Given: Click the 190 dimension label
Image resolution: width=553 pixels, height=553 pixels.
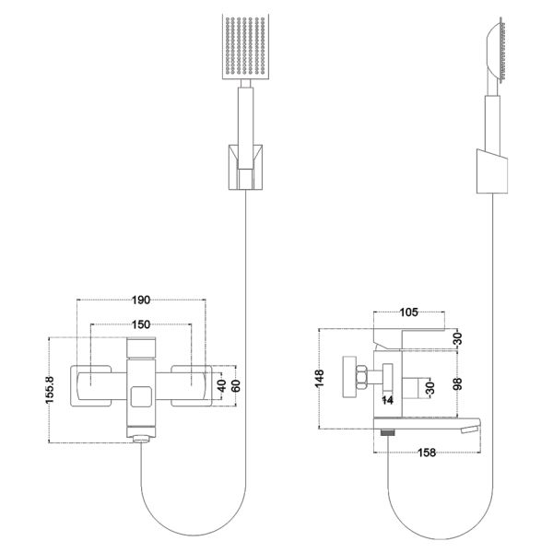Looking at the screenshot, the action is pyautogui.click(x=141, y=300).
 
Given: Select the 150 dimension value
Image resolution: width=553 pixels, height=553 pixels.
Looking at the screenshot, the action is pyautogui.click(x=141, y=324).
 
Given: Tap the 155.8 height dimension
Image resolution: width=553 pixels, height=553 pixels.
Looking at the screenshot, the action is pyautogui.click(x=50, y=390).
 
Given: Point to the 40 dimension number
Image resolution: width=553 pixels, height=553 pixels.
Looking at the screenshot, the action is pyautogui.click(x=222, y=386).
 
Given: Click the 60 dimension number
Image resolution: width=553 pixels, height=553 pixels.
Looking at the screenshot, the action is pyautogui.click(x=237, y=386).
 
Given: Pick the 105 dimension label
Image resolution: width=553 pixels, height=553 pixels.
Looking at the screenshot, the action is pyautogui.click(x=408, y=312).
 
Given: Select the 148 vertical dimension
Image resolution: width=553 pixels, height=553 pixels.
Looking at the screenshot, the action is pyautogui.click(x=320, y=379).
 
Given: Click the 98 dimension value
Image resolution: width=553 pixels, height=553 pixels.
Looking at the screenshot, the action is pyautogui.click(x=458, y=383).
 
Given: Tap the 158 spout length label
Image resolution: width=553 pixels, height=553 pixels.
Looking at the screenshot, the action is pyautogui.click(x=427, y=453).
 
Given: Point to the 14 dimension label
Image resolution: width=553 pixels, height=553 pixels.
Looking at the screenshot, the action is pyautogui.click(x=388, y=400).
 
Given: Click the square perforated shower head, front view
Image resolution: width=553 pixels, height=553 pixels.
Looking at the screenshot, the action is pyautogui.click(x=246, y=47).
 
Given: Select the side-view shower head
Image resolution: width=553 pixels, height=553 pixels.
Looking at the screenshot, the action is pyautogui.click(x=496, y=53).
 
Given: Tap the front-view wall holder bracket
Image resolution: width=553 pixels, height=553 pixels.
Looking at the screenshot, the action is pyautogui.click(x=246, y=167).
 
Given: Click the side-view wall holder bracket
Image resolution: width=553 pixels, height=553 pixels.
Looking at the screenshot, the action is pyautogui.click(x=492, y=171).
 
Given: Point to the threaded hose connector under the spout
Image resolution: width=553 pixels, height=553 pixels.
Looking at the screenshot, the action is pyautogui.click(x=388, y=432).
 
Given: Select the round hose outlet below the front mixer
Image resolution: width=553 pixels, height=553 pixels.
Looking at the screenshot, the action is pyautogui.click(x=141, y=439).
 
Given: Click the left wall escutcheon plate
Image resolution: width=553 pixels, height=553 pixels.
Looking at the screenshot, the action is pyautogui.click(x=91, y=386).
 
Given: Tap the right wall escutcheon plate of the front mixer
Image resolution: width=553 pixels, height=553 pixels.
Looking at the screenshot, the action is pyautogui.click(x=192, y=386).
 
